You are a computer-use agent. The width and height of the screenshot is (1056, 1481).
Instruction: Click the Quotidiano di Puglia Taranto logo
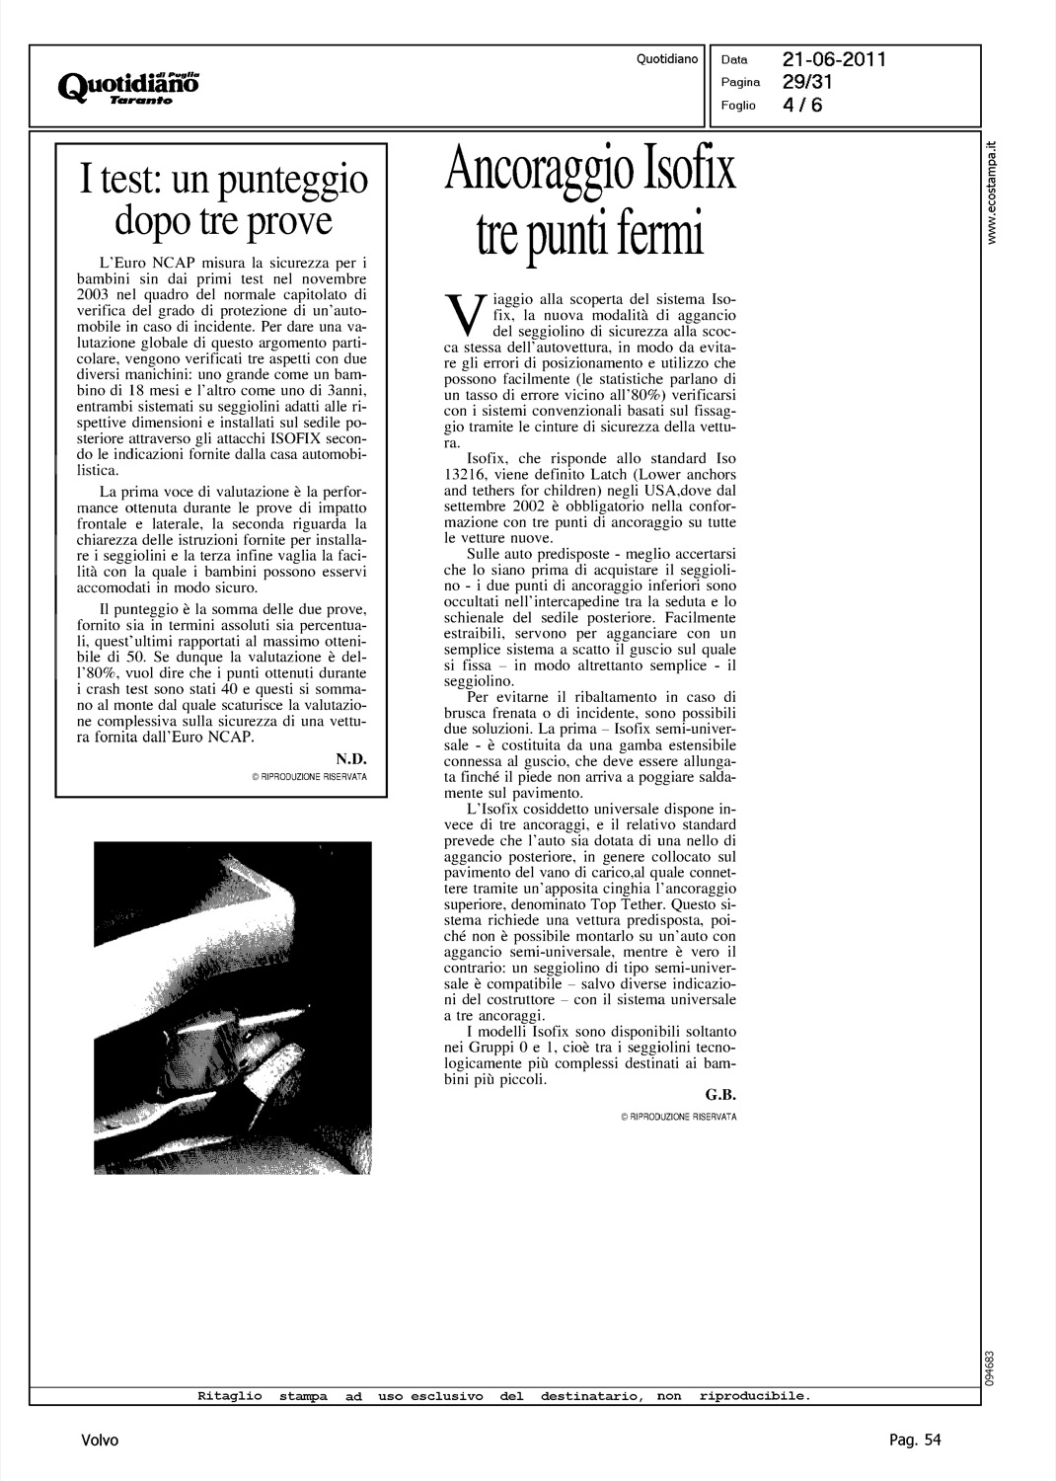tap(129, 86)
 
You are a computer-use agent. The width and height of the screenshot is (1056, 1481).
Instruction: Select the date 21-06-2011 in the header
tap(835, 60)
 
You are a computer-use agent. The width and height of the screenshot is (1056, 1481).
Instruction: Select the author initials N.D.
tap(350, 757)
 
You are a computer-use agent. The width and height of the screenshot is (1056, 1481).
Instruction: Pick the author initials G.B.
tap(721, 1095)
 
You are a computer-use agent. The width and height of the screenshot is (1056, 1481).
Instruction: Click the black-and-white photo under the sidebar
tap(232, 1007)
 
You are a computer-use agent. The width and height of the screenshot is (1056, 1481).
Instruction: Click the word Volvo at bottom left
tap(100, 1441)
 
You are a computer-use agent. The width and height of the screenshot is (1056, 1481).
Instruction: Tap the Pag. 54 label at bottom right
tap(909, 1441)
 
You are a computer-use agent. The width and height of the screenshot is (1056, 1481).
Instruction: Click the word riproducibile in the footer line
tap(754, 1396)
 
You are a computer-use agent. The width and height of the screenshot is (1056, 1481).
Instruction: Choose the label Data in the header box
tap(734, 60)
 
